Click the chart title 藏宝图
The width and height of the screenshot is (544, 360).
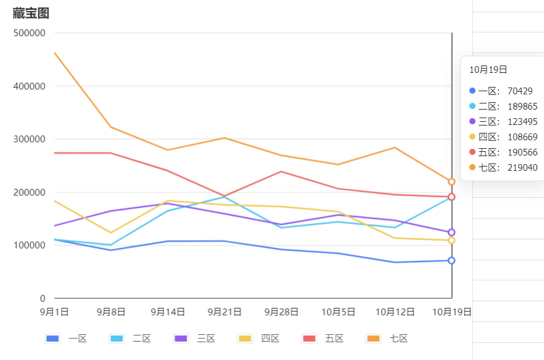(x=31, y=13)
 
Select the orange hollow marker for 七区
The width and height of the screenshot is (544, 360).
(x=452, y=182)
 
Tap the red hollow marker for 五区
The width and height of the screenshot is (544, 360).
(x=452, y=197)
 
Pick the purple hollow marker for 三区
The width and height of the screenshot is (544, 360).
(x=452, y=232)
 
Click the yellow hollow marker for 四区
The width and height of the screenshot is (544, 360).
(x=452, y=240)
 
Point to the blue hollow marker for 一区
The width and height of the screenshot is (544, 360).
(x=452, y=260)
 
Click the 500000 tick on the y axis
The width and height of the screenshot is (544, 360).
(x=29, y=33)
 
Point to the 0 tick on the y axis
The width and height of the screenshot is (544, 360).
(x=42, y=298)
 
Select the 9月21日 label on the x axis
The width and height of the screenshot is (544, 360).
(x=225, y=312)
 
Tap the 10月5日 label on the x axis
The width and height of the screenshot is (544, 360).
(x=338, y=312)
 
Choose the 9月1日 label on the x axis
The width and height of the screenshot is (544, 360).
(x=54, y=312)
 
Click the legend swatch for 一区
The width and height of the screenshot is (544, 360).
(x=53, y=339)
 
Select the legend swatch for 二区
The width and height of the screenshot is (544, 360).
(x=116, y=339)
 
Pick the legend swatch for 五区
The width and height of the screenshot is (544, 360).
(x=309, y=339)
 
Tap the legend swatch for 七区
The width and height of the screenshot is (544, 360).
(x=373, y=339)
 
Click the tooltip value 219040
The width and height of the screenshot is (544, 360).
(x=523, y=168)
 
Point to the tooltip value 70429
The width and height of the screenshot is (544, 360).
(x=520, y=91)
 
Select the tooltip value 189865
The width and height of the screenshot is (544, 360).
(x=523, y=107)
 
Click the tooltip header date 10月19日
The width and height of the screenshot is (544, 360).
(x=488, y=70)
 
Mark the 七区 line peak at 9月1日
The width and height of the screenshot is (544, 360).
(x=54, y=53)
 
